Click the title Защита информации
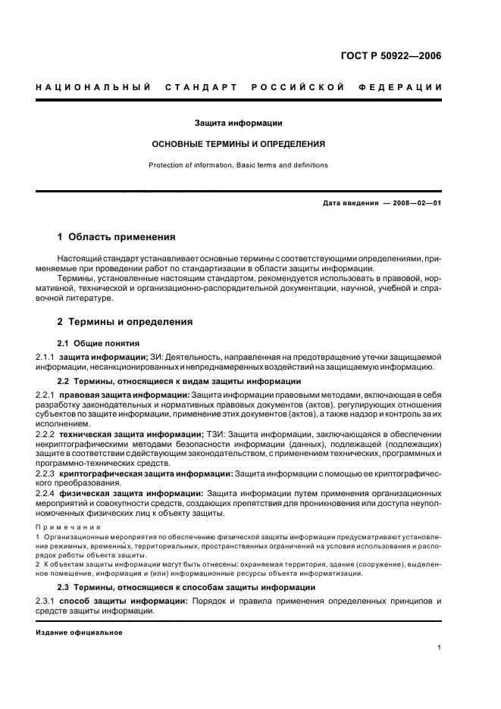[239, 123]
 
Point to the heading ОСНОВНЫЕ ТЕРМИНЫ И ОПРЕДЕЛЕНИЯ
[239, 143]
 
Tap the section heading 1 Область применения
[116, 237]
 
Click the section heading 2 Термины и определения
[125, 322]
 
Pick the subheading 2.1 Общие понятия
[99, 343]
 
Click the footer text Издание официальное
[79, 632]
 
